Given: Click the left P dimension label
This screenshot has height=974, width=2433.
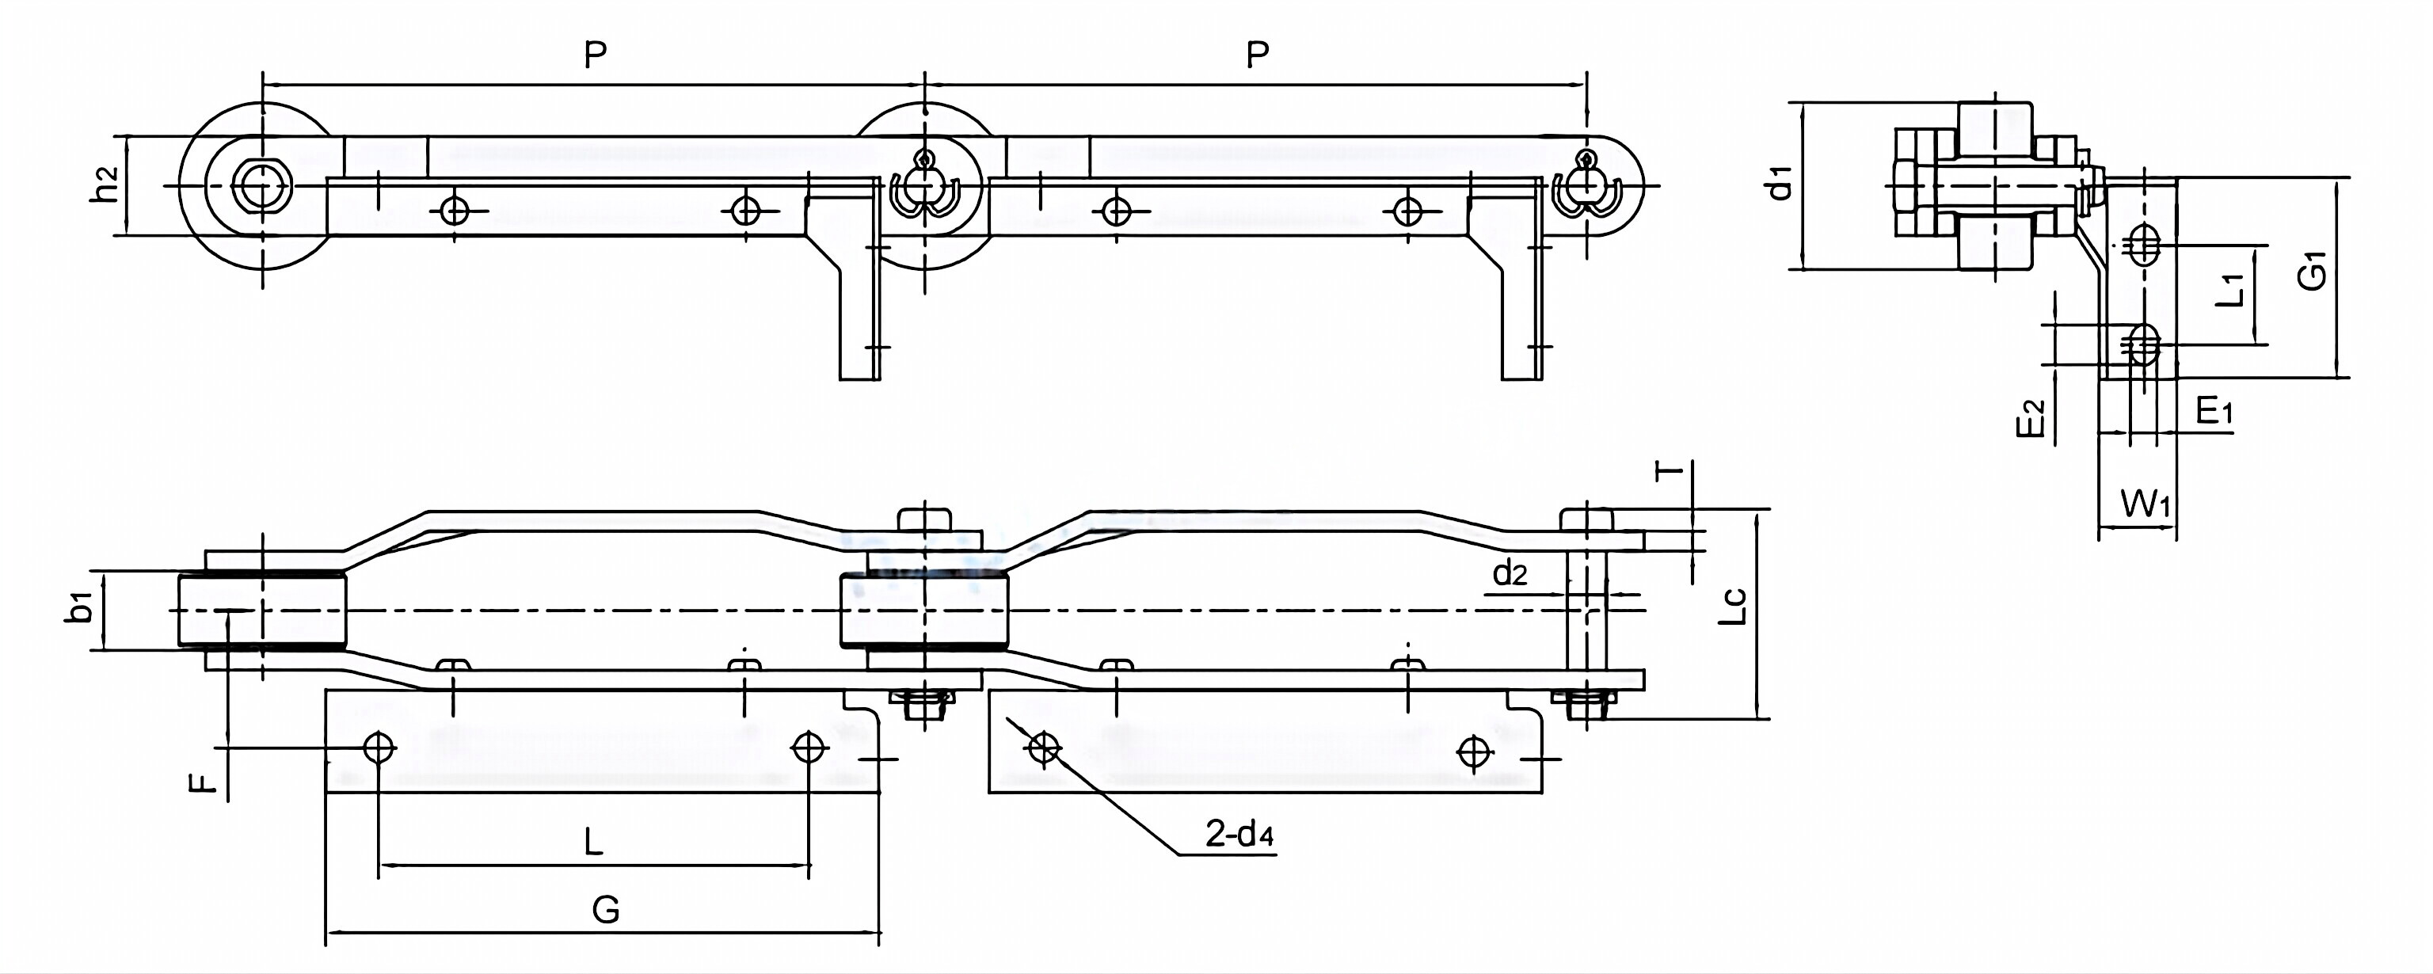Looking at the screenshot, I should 594,55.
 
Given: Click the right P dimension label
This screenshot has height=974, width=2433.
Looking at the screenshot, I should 1257,55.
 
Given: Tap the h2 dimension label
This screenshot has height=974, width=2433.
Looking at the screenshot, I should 106,185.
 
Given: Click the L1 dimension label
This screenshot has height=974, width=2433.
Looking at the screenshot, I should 2230,291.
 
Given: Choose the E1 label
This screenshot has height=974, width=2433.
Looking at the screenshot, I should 2214,411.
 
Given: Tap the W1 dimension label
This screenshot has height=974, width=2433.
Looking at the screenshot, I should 2146,504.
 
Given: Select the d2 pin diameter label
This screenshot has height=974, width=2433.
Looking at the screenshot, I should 1510,573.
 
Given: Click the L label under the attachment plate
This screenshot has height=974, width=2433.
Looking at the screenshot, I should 592,840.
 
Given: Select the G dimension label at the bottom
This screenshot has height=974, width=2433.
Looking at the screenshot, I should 605,910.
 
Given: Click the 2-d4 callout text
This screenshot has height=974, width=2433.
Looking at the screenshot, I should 1239,834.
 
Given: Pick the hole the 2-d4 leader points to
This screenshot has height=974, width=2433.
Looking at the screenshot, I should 1043,749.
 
